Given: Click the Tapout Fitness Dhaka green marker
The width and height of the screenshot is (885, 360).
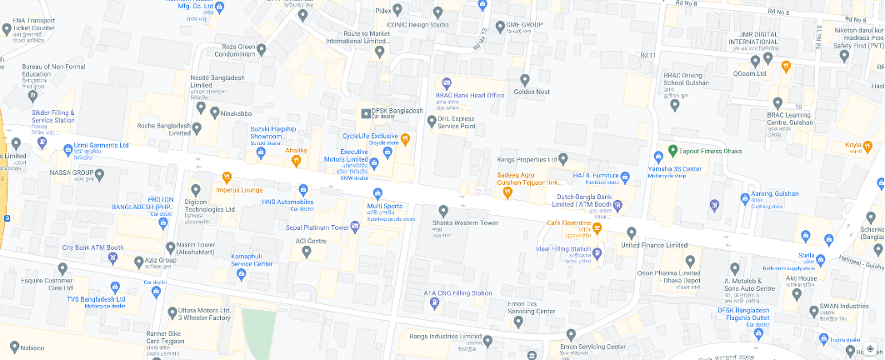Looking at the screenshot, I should point(672,151).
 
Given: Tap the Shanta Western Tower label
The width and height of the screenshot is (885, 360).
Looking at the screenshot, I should point(465,222).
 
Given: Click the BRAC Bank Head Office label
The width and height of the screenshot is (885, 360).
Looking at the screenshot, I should point(470,95).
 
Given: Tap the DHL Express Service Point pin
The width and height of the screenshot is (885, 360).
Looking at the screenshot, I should point(431,120).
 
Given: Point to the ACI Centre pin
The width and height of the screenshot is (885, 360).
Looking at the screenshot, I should point(306,251).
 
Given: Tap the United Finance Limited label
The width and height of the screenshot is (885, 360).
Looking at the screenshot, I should point(654,245).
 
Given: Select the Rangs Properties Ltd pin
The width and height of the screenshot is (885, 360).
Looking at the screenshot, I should point(563,158).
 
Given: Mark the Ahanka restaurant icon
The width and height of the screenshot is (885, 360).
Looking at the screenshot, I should point(296,159).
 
